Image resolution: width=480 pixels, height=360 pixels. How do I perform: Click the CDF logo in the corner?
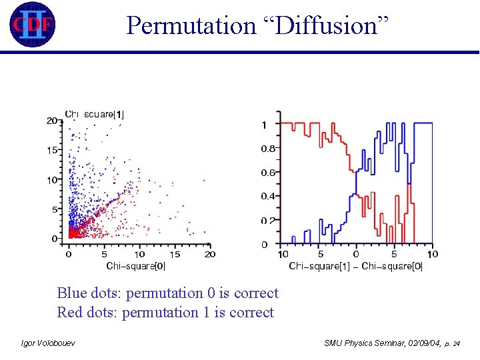coord(31,25)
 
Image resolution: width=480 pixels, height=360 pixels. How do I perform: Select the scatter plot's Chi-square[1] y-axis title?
coord(94,114)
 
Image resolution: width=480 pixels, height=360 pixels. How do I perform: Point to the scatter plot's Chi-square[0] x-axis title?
coord(136,266)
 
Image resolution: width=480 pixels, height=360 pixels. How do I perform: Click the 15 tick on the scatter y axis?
coord(51,150)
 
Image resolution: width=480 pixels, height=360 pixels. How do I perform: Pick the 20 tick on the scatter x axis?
coord(209,254)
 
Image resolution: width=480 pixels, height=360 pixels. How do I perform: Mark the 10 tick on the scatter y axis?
coord(51,180)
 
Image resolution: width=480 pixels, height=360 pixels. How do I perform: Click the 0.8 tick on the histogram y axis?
coord(268,149)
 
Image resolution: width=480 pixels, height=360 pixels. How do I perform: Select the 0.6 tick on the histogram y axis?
coord(268,173)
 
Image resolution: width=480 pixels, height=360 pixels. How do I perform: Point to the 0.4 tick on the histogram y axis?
coord(268,197)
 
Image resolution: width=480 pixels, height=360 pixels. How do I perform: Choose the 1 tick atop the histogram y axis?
coord(265,125)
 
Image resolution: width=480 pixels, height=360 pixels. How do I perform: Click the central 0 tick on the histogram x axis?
coord(356,254)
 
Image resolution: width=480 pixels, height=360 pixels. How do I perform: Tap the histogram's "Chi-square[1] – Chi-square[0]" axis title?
coord(355,266)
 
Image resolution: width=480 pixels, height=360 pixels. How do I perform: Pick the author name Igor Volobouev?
coord(49,343)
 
